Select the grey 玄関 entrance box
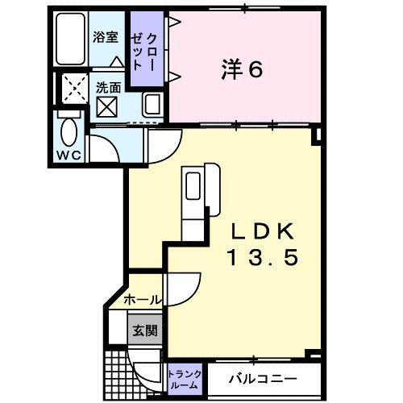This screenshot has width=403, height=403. tap(147, 329)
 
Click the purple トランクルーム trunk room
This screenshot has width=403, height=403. tap(185, 379)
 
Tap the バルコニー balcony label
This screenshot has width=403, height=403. tap(261, 379)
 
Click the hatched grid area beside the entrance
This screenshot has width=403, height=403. tap(118, 372)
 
